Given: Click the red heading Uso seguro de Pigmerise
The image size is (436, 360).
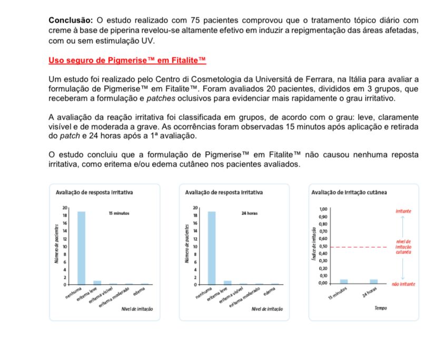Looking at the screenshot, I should [126, 61].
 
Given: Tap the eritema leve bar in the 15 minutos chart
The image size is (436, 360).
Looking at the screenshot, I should [97, 282].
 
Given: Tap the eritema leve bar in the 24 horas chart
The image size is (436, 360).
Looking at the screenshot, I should [227, 282].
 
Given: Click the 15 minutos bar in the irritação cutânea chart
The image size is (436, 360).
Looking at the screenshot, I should [344, 281].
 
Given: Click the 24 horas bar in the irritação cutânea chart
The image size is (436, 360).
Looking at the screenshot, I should [373, 281].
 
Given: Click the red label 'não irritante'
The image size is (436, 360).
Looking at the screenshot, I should [404, 284].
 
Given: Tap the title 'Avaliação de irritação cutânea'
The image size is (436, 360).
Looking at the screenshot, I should [350, 192].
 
